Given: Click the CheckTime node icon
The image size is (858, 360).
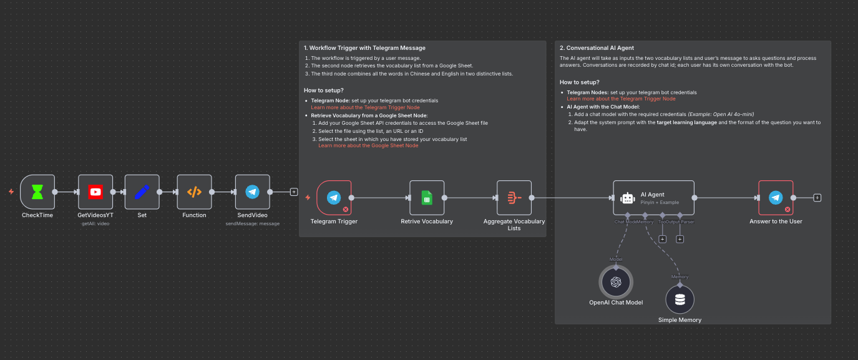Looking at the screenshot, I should tap(37, 192).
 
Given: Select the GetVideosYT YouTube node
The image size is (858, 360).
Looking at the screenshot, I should tap(95, 192).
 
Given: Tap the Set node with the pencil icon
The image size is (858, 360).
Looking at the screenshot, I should tap(142, 192).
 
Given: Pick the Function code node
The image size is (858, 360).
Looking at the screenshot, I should tap(194, 192).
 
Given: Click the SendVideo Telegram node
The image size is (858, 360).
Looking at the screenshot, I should tap(252, 192).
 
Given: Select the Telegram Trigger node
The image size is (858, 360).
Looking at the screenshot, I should tap(334, 197).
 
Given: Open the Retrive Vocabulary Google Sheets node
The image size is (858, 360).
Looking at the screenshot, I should tap(427, 197).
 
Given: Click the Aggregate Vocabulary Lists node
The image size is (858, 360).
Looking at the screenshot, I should tap(514, 197).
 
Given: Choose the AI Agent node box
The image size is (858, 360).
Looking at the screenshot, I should tap(653, 198).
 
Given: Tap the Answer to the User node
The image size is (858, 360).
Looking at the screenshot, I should tap(776, 197).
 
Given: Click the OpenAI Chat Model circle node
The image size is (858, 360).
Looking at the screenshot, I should tap(616, 282).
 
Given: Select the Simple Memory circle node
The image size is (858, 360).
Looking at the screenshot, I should tap(680, 299).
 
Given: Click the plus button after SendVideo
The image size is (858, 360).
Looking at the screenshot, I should tap(294, 192).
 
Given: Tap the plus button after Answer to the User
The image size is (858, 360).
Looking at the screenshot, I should tap(817, 198).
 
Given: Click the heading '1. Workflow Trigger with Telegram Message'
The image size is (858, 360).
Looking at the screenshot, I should tap(364, 48).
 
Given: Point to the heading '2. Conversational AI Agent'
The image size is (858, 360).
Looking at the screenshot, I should tap(597, 48).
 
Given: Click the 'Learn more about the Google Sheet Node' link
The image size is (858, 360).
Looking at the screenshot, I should tap(368, 145).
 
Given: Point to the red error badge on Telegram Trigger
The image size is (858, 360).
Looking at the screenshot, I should tap(346, 210).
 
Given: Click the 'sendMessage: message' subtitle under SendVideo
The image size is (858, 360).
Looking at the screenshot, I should tap(252, 223).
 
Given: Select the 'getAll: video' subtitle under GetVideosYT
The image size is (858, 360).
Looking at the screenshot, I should tap(95, 223).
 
